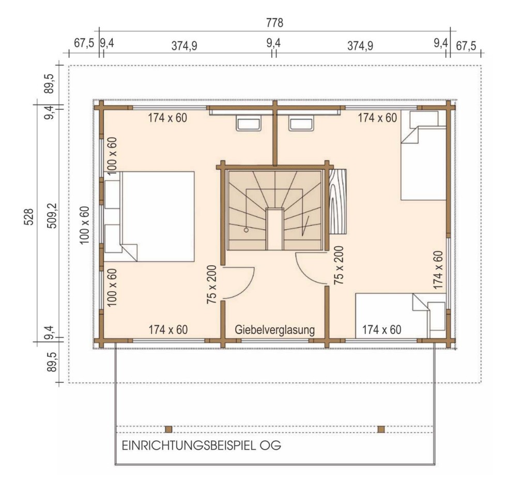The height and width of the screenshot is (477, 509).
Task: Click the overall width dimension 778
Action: [x=274, y=23]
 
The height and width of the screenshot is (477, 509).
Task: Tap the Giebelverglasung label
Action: [x=274, y=329]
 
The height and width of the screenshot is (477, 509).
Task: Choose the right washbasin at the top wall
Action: [x=301, y=124]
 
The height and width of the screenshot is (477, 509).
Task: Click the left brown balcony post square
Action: [x=168, y=429]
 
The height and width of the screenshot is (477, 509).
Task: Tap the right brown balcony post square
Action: [x=381, y=429]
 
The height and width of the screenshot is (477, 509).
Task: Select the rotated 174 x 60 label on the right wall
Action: [x=438, y=269]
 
